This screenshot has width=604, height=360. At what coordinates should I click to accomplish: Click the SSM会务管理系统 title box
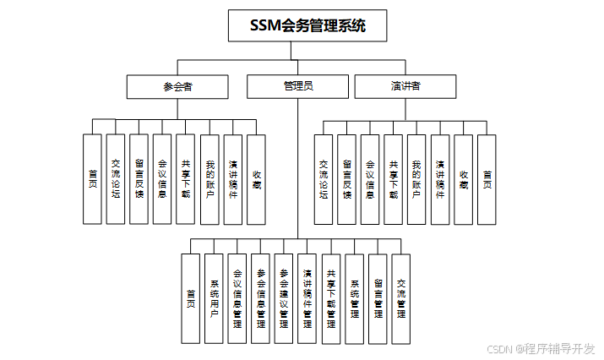pyautogui.click(x=307, y=25)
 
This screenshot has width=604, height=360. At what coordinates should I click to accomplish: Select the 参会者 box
pyautogui.click(x=177, y=86)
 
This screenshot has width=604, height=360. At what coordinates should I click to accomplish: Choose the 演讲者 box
pyautogui.click(x=406, y=86)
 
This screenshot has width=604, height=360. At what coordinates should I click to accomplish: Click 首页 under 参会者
pyautogui.click(x=92, y=179)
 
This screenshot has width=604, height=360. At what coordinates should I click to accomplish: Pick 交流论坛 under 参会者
pyautogui.click(x=116, y=179)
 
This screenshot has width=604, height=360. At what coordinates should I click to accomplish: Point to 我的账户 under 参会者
pyautogui.click(x=209, y=179)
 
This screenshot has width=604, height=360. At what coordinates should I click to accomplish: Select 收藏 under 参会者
pyautogui.click(x=256, y=179)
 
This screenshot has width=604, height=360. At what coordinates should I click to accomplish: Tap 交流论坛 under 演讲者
pyautogui.click(x=324, y=179)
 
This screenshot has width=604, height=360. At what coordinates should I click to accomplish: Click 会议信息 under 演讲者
pyautogui.click(x=370, y=179)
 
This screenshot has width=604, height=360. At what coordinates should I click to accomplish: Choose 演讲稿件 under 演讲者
pyautogui.click(x=440, y=179)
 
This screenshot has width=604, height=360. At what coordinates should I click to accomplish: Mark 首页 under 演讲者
pyautogui.click(x=487, y=179)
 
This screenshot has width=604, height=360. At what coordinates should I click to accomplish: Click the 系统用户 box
pyautogui.click(x=215, y=298)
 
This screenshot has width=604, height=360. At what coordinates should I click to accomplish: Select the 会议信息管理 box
pyautogui.click(x=237, y=298)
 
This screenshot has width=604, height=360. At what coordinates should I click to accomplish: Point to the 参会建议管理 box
pyautogui.click(x=285, y=298)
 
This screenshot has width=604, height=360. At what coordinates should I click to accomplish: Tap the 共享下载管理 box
pyautogui.click(x=331, y=298)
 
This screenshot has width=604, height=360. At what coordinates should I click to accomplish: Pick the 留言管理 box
pyautogui.click(x=378, y=298)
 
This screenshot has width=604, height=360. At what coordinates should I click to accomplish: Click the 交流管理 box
pyautogui.click(x=401, y=298)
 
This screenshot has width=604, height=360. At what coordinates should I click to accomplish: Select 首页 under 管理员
pyautogui.click(x=191, y=298)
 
